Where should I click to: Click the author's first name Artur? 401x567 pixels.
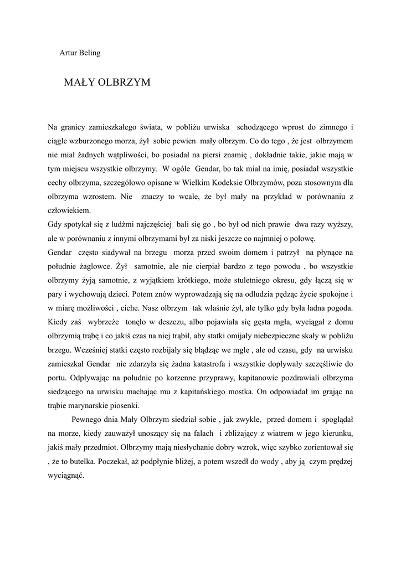(x=69, y=53)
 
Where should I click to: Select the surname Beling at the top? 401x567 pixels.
(x=90, y=53)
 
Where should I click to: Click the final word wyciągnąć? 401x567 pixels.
(x=66, y=476)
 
